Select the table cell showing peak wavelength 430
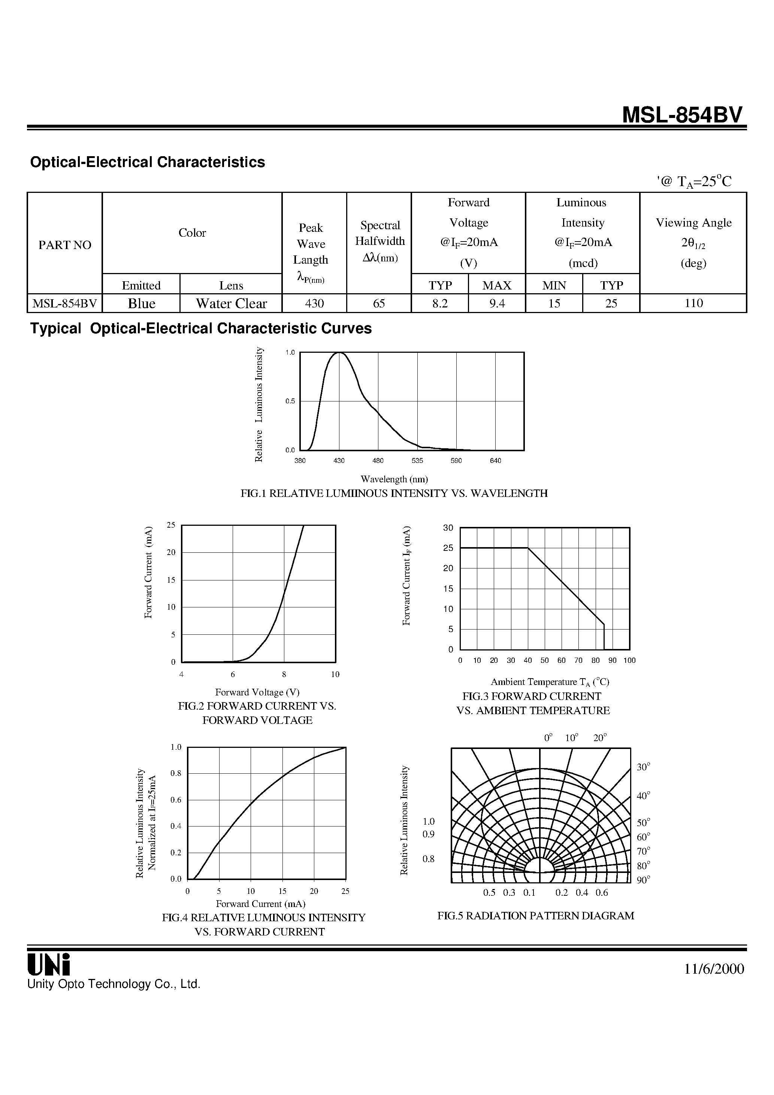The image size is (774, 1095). [314, 303]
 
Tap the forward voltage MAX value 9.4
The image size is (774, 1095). [497, 303]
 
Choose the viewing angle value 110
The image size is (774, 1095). [693, 303]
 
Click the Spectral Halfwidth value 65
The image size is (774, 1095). [379, 303]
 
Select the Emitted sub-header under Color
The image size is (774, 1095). [141, 285]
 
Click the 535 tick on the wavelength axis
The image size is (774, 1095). [417, 461]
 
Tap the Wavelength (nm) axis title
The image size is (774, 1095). [394, 479]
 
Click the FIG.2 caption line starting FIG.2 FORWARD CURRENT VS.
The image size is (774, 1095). [257, 706]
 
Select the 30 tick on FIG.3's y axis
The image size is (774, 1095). [448, 528]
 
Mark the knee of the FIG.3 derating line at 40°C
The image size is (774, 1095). [528, 548]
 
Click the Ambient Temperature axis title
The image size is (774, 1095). [550, 682]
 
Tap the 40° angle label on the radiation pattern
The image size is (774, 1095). [643, 796]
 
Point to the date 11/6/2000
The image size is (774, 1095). [714, 969]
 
